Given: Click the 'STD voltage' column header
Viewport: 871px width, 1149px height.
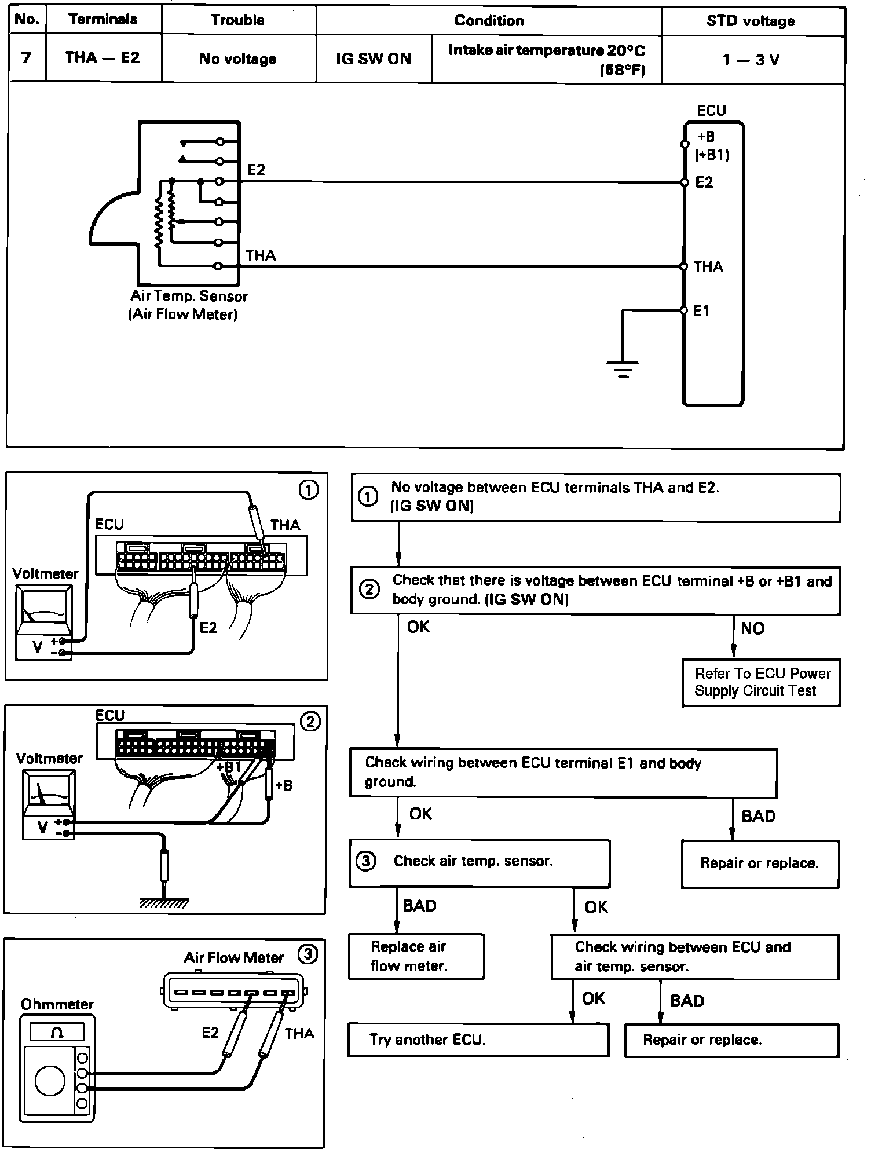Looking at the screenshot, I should pos(750,21).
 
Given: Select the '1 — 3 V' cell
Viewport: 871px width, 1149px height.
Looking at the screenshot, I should pos(751,60).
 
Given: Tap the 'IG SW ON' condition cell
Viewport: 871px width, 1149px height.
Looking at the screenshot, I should pos(374,59).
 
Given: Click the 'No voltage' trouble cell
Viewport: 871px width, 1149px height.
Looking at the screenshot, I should pos(237,59).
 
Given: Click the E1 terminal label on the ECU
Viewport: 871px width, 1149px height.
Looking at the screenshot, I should pos(701,311).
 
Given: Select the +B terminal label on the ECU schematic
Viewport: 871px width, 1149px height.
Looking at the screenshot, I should pos(706,137).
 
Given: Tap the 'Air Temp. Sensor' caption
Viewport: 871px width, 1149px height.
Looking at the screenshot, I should pos(189,297).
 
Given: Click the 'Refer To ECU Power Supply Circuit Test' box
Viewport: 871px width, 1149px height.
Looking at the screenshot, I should pos(761,682).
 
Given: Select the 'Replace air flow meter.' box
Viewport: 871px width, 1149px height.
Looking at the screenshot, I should pos(416,956).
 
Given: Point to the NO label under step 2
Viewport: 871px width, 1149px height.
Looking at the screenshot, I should pos(752,628).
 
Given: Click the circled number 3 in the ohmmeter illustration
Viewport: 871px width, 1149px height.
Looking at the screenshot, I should pos(308,954).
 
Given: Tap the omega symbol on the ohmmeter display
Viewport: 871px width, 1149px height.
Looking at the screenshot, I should pos(57,1033).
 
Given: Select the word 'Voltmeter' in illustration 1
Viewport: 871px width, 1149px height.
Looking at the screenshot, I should pos(45,573).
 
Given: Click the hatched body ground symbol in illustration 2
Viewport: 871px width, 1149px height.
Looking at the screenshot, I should pos(164,901).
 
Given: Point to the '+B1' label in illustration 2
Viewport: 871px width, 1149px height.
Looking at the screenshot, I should pos(229,767).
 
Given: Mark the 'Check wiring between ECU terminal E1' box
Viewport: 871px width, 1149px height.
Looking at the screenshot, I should pos(563,773).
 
